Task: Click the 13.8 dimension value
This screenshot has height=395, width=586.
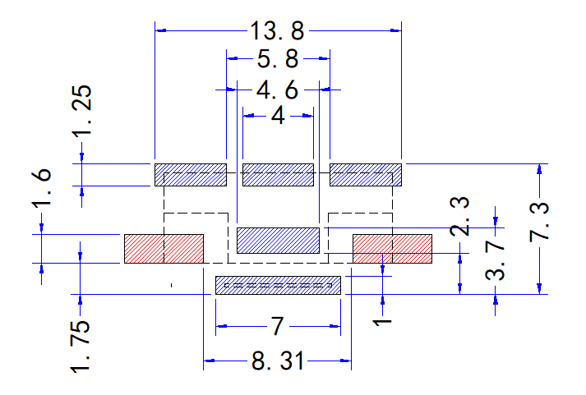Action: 277,30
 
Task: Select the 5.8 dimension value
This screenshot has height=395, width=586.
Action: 278,59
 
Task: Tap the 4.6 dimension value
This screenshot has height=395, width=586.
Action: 277,90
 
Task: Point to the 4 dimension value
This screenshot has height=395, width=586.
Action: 278,116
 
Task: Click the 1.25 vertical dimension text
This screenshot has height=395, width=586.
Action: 82,111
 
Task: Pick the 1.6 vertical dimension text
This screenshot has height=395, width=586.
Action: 41,188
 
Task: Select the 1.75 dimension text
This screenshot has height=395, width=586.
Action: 81,346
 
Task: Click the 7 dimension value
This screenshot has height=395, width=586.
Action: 277,326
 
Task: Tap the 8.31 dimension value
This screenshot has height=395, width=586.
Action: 277,361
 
